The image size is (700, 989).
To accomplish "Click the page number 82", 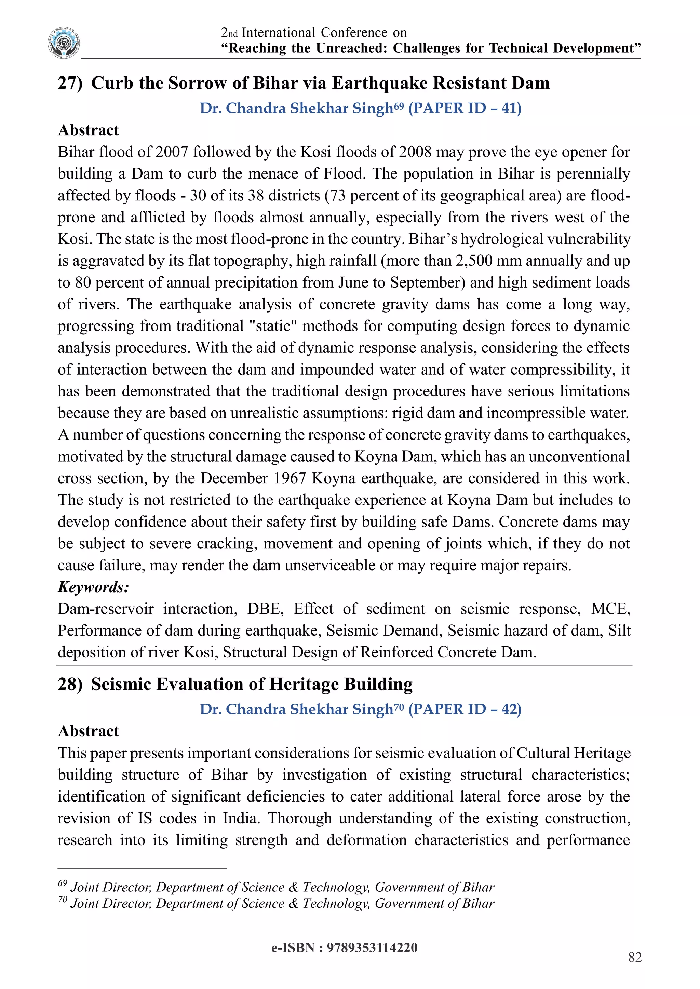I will (635, 957).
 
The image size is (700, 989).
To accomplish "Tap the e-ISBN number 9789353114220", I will (372, 948).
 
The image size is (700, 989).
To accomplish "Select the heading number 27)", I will (70, 83).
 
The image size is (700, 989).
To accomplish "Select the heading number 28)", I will (70, 684).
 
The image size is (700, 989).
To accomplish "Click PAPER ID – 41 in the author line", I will (464, 108).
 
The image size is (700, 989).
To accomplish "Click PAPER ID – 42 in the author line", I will (464, 709).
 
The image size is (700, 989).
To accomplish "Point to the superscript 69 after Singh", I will (399, 105).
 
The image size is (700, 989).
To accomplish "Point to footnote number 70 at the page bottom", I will (63, 900).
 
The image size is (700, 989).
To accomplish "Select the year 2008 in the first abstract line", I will (415, 152).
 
